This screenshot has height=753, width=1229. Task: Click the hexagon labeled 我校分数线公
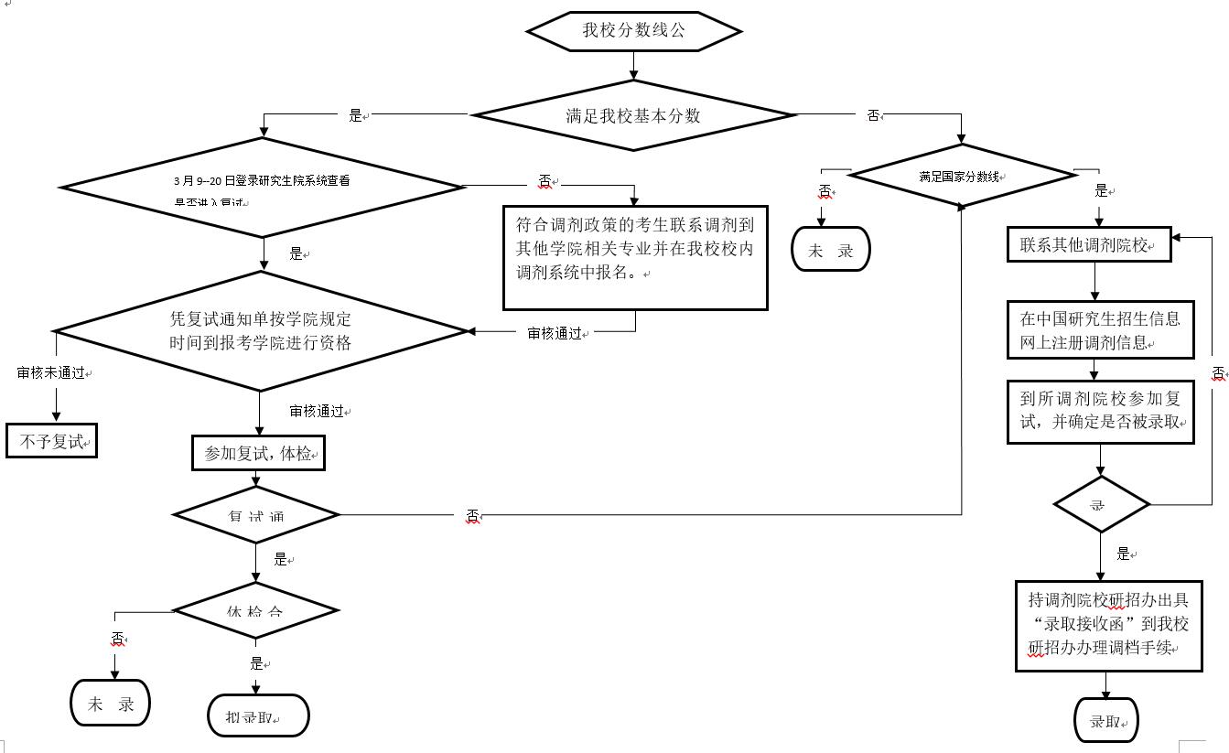pyautogui.click(x=633, y=31)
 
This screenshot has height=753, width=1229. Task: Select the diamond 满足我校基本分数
pyautogui.click(x=633, y=115)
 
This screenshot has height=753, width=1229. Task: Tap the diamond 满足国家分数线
pyautogui.click(x=962, y=176)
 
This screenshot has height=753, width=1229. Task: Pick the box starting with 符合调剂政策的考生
pyautogui.click(x=635, y=257)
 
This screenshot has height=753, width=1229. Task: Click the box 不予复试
pyautogui.click(x=51, y=442)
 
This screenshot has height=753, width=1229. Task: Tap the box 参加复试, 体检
pyautogui.click(x=258, y=453)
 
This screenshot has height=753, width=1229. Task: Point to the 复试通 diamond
pyautogui.click(x=256, y=515)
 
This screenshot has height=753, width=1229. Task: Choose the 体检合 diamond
pyautogui.click(x=256, y=610)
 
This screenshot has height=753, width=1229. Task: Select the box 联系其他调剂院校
pyautogui.click(x=1089, y=244)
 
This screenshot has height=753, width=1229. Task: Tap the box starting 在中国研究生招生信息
pyautogui.click(x=1100, y=330)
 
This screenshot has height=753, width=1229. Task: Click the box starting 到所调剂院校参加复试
pyautogui.click(x=1100, y=412)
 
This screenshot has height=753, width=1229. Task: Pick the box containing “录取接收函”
pyautogui.click(x=1108, y=625)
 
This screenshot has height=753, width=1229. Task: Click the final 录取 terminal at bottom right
pyautogui.click(x=1105, y=721)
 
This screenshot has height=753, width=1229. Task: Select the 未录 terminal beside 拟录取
pyautogui.click(x=111, y=704)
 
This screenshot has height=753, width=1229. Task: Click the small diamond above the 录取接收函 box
pyautogui.click(x=1101, y=504)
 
